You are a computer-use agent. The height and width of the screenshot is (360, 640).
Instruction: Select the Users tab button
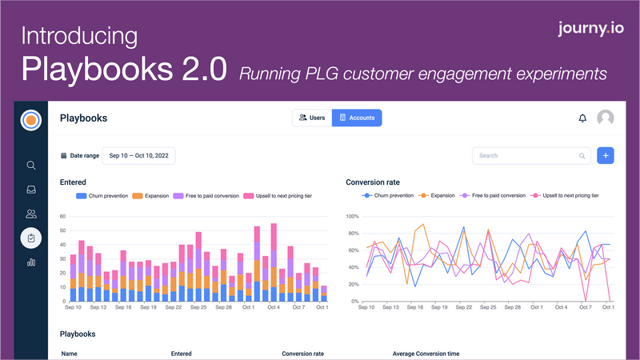311,118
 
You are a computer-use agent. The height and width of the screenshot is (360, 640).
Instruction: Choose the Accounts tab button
357,118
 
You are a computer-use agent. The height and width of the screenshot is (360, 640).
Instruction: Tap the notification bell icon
582,118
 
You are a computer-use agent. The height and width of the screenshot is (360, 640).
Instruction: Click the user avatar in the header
606,118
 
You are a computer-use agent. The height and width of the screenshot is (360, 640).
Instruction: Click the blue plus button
606,156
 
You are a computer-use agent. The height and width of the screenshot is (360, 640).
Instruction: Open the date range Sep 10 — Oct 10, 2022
139,156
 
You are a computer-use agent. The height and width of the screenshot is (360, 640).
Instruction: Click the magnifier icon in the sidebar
31,166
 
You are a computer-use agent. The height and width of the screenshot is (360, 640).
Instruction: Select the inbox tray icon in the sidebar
31,190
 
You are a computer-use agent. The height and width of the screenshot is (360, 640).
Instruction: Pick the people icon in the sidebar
31,214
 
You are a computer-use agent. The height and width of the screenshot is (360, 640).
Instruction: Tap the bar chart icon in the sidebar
31,262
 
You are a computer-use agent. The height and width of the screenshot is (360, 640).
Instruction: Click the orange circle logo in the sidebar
31,119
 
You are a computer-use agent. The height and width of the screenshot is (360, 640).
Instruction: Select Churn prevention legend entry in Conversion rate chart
389,195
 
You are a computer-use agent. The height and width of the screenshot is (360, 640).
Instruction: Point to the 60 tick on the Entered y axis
63,216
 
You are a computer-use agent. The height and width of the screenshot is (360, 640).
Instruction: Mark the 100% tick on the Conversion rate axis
351,216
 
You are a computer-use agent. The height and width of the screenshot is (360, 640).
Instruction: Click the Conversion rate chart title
373,182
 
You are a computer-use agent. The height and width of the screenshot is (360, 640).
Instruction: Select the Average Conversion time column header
426,353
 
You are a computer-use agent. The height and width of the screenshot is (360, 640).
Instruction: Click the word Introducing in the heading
79,36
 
